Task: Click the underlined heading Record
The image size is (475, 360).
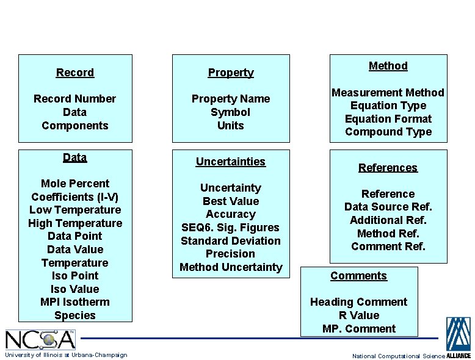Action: [x=75, y=73]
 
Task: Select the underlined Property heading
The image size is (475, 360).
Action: [x=231, y=73]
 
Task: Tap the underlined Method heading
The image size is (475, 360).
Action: [x=388, y=66]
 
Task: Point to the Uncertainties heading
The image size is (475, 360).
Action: [x=231, y=162]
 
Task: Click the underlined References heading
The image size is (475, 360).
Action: [x=388, y=168]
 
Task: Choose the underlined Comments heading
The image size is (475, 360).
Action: [x=359, y=276]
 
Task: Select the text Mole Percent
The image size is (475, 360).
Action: [x=75, y=184]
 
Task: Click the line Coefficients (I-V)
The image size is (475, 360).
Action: [x=75, y=196]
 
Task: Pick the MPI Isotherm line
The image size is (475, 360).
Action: [x=75, y=302]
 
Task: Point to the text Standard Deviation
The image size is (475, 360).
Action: [x=231, y=241]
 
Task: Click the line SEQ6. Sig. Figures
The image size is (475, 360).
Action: [x=231, y=228]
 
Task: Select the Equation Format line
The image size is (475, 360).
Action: [x=388, y=119]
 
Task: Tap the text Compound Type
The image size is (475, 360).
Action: [x=388, y=132]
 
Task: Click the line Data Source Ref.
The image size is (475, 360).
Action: [x=388, y=207]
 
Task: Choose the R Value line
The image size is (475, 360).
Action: [x=359, y=315]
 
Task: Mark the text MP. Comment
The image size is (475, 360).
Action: [x=359, y=329]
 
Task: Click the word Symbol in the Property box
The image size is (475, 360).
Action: [x=231, y=112]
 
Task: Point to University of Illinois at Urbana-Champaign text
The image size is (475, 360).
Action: [x=66, y=355]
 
